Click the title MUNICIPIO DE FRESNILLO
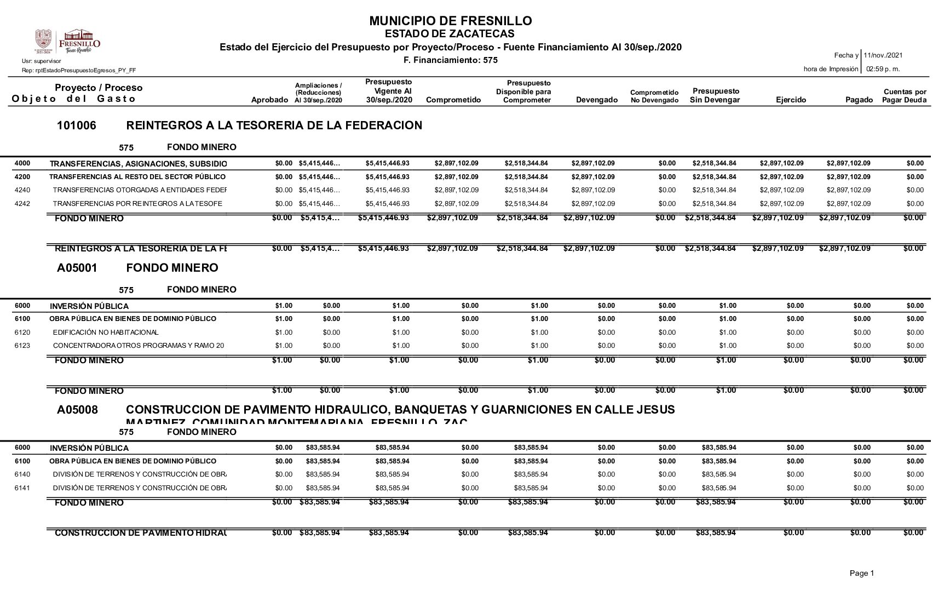point(450,21)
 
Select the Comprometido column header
point(453,100)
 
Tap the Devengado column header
point(597,100)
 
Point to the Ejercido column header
point(791,100)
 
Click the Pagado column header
point(859,100)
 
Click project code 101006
point(76,126)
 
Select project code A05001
point(77,268)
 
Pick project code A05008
point(77,410)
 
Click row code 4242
point(22,204)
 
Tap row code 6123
point(22,346)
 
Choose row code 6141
point(22,488)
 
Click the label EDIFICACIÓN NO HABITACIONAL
point(106,333)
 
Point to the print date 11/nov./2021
point(883,55)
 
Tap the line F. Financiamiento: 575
point(450,60)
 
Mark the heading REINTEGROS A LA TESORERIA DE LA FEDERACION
point(274,126)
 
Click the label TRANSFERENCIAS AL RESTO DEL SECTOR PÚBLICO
point(137,177)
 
